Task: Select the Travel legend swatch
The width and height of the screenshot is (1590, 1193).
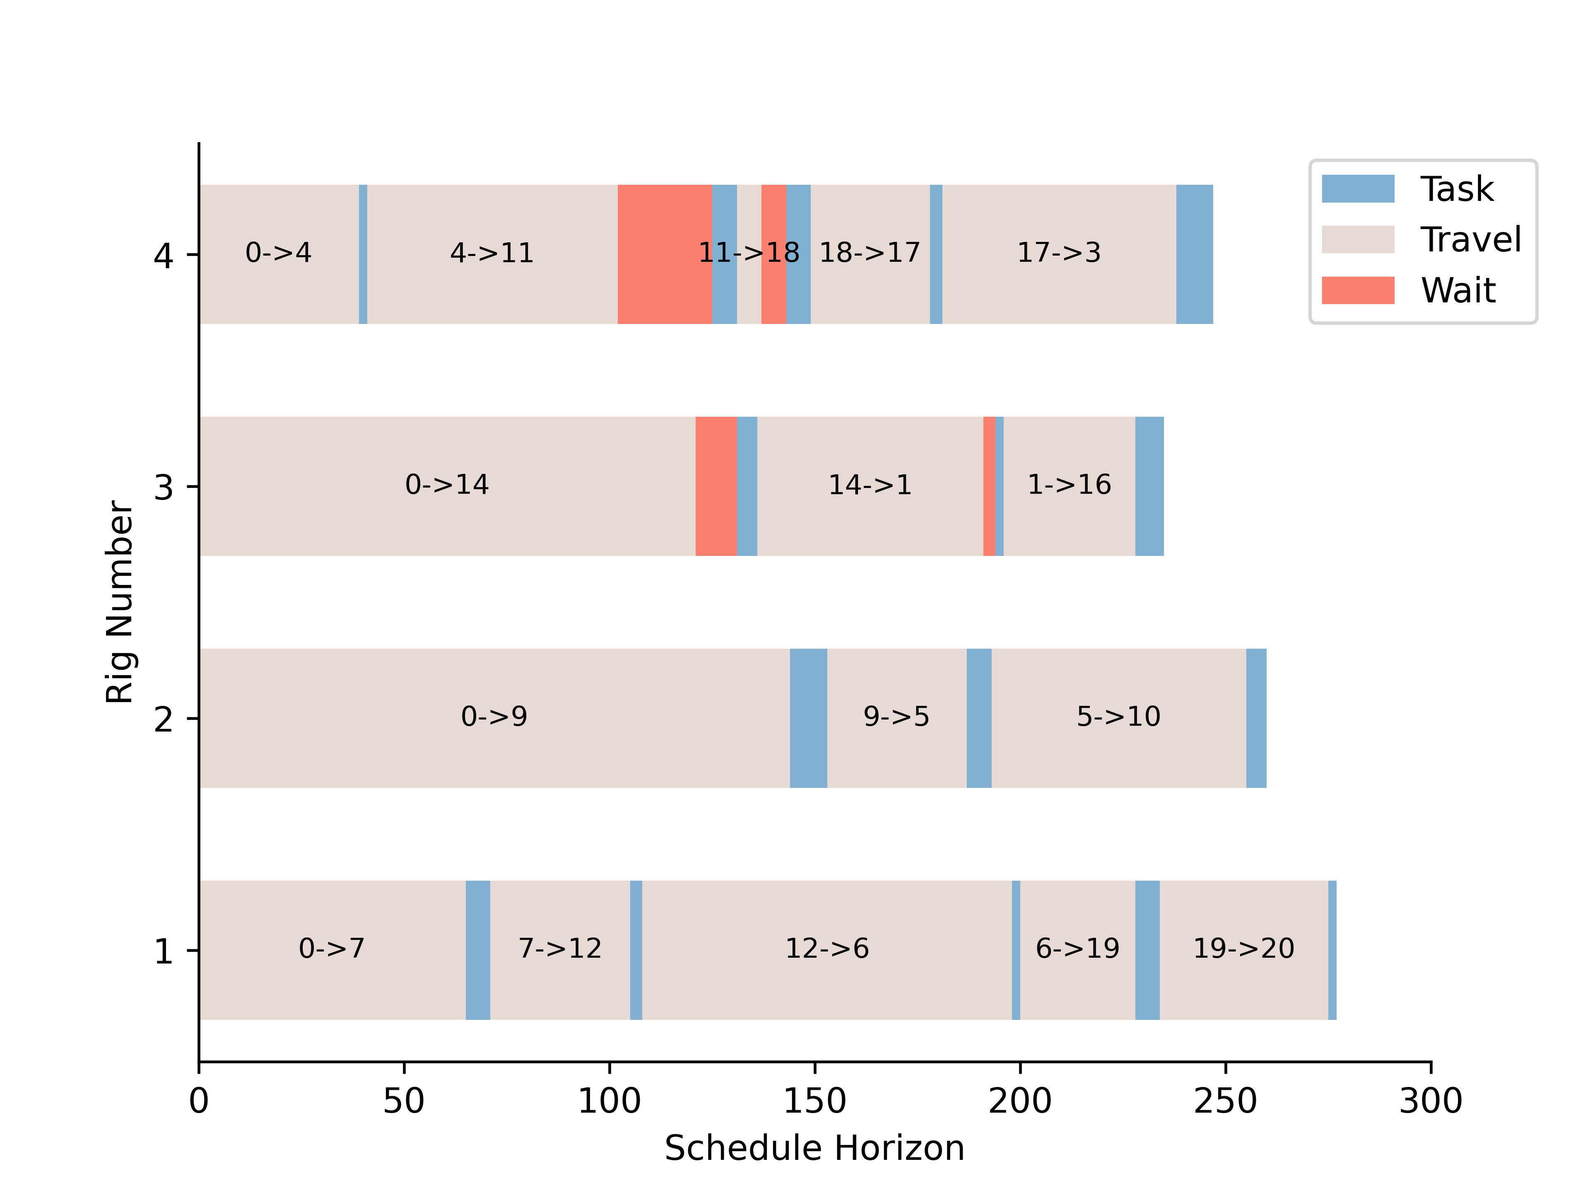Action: click(1357, 239)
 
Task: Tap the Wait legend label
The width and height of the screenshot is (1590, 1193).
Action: click(1458, 290)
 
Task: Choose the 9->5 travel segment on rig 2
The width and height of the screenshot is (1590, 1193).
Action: click(896, 717)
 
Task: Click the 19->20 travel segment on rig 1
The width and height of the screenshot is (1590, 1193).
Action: click(1243, 949)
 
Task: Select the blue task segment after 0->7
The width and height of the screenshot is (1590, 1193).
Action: click(477, 949)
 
